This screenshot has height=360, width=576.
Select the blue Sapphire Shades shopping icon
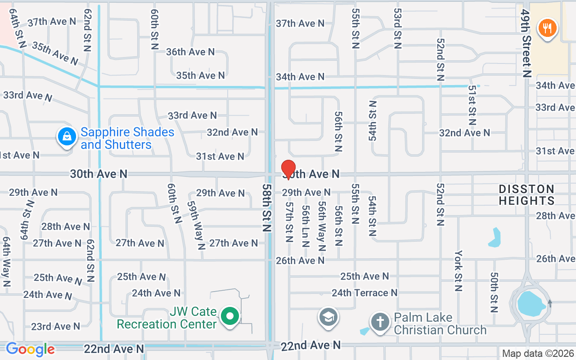click(x=67, y=136)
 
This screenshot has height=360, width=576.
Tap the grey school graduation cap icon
click(x=328, y=317)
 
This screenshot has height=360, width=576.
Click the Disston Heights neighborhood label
click(x=526, y=194)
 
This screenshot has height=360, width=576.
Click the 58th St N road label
click(x=268, y=207)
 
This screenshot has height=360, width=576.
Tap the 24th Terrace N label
click(x=364, y=293)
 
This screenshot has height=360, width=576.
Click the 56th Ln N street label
click(x=306, y=226)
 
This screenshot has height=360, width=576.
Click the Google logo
click(x=30, y=349)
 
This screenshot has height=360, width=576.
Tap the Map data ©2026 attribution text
click(x=538, y=354)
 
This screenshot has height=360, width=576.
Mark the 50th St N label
click(x=494, y=292)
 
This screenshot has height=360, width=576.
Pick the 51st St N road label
click(x=472, y=106)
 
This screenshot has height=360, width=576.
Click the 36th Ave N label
click(x=190, y=52)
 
